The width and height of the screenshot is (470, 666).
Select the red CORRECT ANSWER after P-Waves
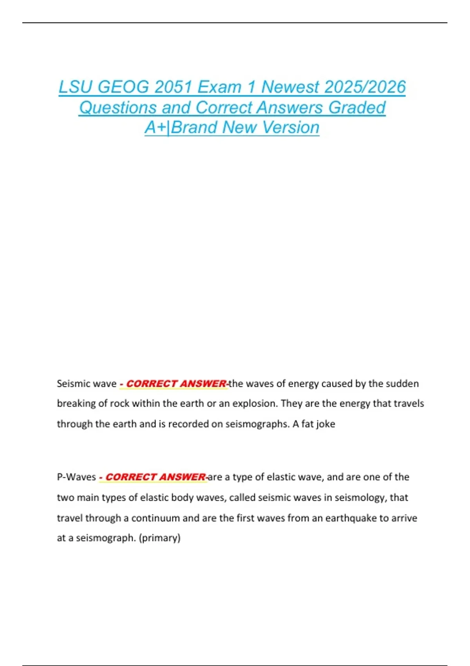(155, 477)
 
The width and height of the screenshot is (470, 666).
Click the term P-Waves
(76, 477)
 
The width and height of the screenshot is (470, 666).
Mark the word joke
(325, 424)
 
